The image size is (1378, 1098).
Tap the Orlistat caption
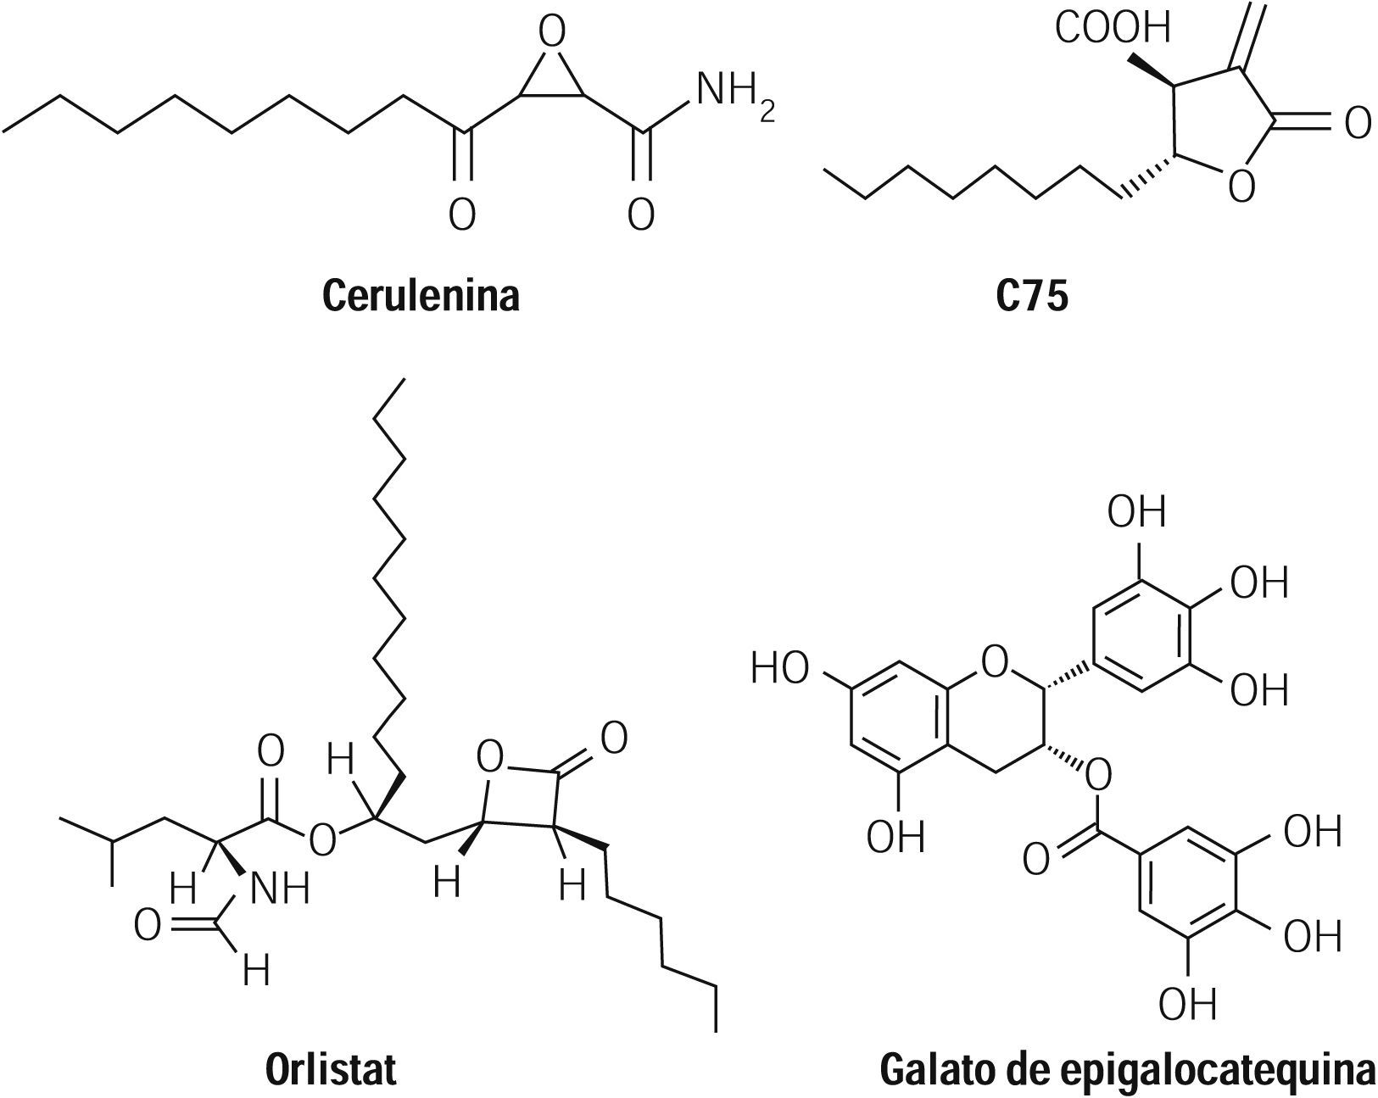click(331, 1069)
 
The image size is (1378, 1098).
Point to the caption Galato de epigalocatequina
click(1128, 1069)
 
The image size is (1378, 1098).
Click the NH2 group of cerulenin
click(734, 92)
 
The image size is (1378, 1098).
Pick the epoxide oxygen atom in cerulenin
click(552, 34)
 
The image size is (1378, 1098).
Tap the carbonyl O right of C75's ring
click(1357, 124)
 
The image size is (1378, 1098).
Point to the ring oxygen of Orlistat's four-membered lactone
click(490, 757)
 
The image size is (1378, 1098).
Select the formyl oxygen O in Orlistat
click(147, 926)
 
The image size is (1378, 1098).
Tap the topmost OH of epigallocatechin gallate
click(1137, 512)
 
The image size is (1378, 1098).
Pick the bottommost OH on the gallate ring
click(1187, 1004)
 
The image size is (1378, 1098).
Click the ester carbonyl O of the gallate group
click(1036, 860)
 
